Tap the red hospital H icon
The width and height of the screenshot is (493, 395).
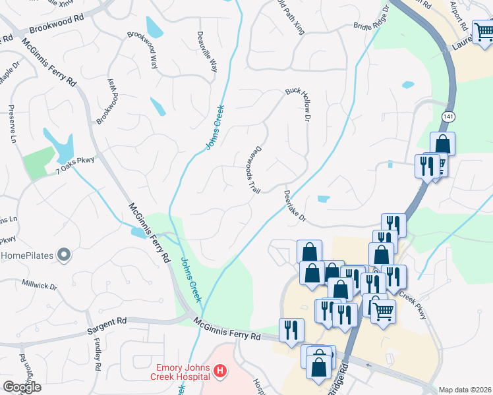point(220,373)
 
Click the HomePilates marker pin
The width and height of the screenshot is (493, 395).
point(64,254)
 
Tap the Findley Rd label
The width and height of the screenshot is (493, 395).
point(98,354)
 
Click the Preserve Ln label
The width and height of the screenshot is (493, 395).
point(12,123)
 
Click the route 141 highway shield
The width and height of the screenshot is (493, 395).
point(448,117)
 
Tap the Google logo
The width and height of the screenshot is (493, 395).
point(22,387)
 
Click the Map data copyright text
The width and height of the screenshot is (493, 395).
point(465,390)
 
